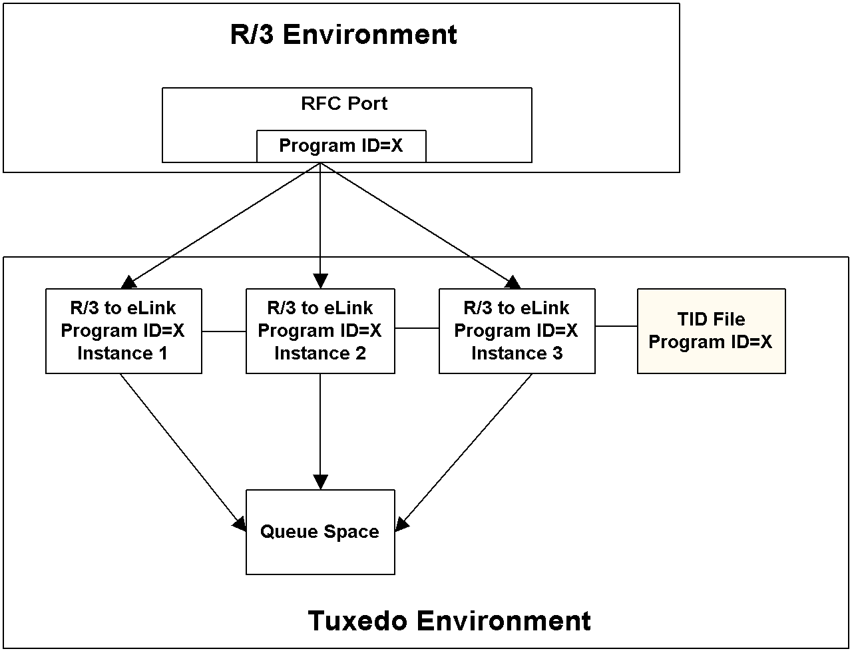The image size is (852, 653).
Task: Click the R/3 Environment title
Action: pos(343,35)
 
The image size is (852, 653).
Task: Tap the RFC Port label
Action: pos(344,104)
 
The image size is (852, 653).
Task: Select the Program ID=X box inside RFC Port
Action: pos(341,146)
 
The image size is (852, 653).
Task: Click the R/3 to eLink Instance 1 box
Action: pos(123,331)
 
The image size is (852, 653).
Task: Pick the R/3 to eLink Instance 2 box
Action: pos(320,331)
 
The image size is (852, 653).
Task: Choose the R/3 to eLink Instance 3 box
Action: pos(517,331)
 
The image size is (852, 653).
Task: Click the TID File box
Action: pos(711,331)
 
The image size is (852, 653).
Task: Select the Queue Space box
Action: pos(320,532)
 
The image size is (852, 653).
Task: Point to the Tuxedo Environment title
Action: pos(449,620)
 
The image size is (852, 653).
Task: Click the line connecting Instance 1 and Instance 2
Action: pos(224,331)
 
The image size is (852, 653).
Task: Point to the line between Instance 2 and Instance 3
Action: pos(417,328)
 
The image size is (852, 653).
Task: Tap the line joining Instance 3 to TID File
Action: pos(616,326)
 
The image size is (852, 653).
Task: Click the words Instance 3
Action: pos(517,353)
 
